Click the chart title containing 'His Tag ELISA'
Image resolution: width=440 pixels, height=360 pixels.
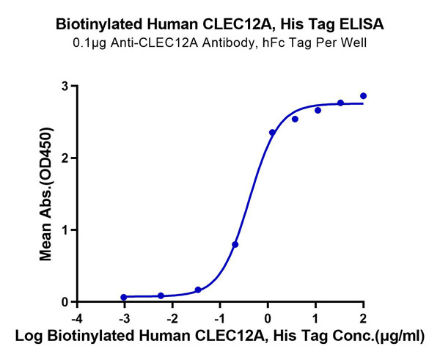220,24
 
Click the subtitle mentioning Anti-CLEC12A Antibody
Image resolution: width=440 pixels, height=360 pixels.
220,42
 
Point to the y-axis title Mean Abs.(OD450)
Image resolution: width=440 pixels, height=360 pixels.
45,194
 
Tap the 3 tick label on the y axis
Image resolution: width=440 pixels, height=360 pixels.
65,87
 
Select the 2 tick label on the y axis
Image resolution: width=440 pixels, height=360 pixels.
65,158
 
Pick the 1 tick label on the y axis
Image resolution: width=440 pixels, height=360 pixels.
65,230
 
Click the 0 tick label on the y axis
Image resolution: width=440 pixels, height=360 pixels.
65,302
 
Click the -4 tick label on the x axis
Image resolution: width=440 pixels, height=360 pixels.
76,317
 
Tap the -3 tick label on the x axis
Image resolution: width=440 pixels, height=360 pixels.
123,317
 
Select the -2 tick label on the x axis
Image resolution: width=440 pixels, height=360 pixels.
172,317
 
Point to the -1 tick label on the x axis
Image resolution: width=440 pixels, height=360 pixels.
219,317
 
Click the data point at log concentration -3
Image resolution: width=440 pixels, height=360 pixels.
124,298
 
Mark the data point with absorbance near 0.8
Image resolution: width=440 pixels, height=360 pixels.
235,244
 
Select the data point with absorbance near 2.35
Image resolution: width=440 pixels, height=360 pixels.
272,133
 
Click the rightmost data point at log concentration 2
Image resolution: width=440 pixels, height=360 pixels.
363,96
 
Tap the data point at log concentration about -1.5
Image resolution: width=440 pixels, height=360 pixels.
198,290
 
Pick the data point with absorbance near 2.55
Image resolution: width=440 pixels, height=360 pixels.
295,119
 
